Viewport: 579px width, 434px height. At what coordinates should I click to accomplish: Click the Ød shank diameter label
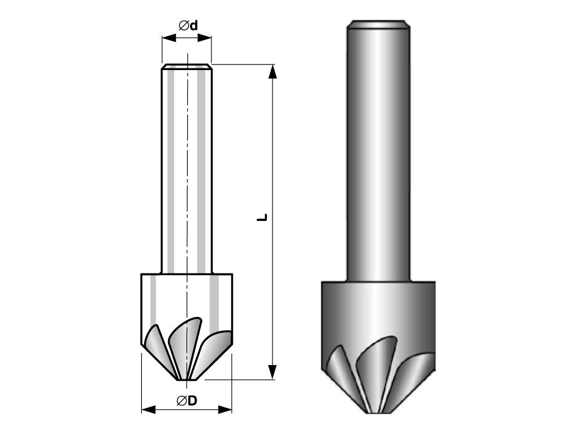coord(188,25)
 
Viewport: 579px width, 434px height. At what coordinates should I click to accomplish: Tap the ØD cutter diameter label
coord(187,401)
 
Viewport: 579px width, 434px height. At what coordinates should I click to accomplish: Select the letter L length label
coord(262,218)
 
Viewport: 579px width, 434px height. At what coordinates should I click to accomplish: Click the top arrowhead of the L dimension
coord(273,72)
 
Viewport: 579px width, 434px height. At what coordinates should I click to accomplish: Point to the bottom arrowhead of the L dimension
coord(273,372)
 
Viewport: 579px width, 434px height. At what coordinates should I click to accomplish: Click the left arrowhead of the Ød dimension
coord(169,38)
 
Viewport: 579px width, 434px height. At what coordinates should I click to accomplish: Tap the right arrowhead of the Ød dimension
coord(204,38)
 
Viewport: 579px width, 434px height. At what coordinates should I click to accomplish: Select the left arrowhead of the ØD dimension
coord(149,409)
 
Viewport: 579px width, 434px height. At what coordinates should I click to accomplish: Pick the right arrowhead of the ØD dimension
coord(224,409)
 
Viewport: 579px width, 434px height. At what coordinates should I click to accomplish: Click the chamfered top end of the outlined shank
coord(187,67)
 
